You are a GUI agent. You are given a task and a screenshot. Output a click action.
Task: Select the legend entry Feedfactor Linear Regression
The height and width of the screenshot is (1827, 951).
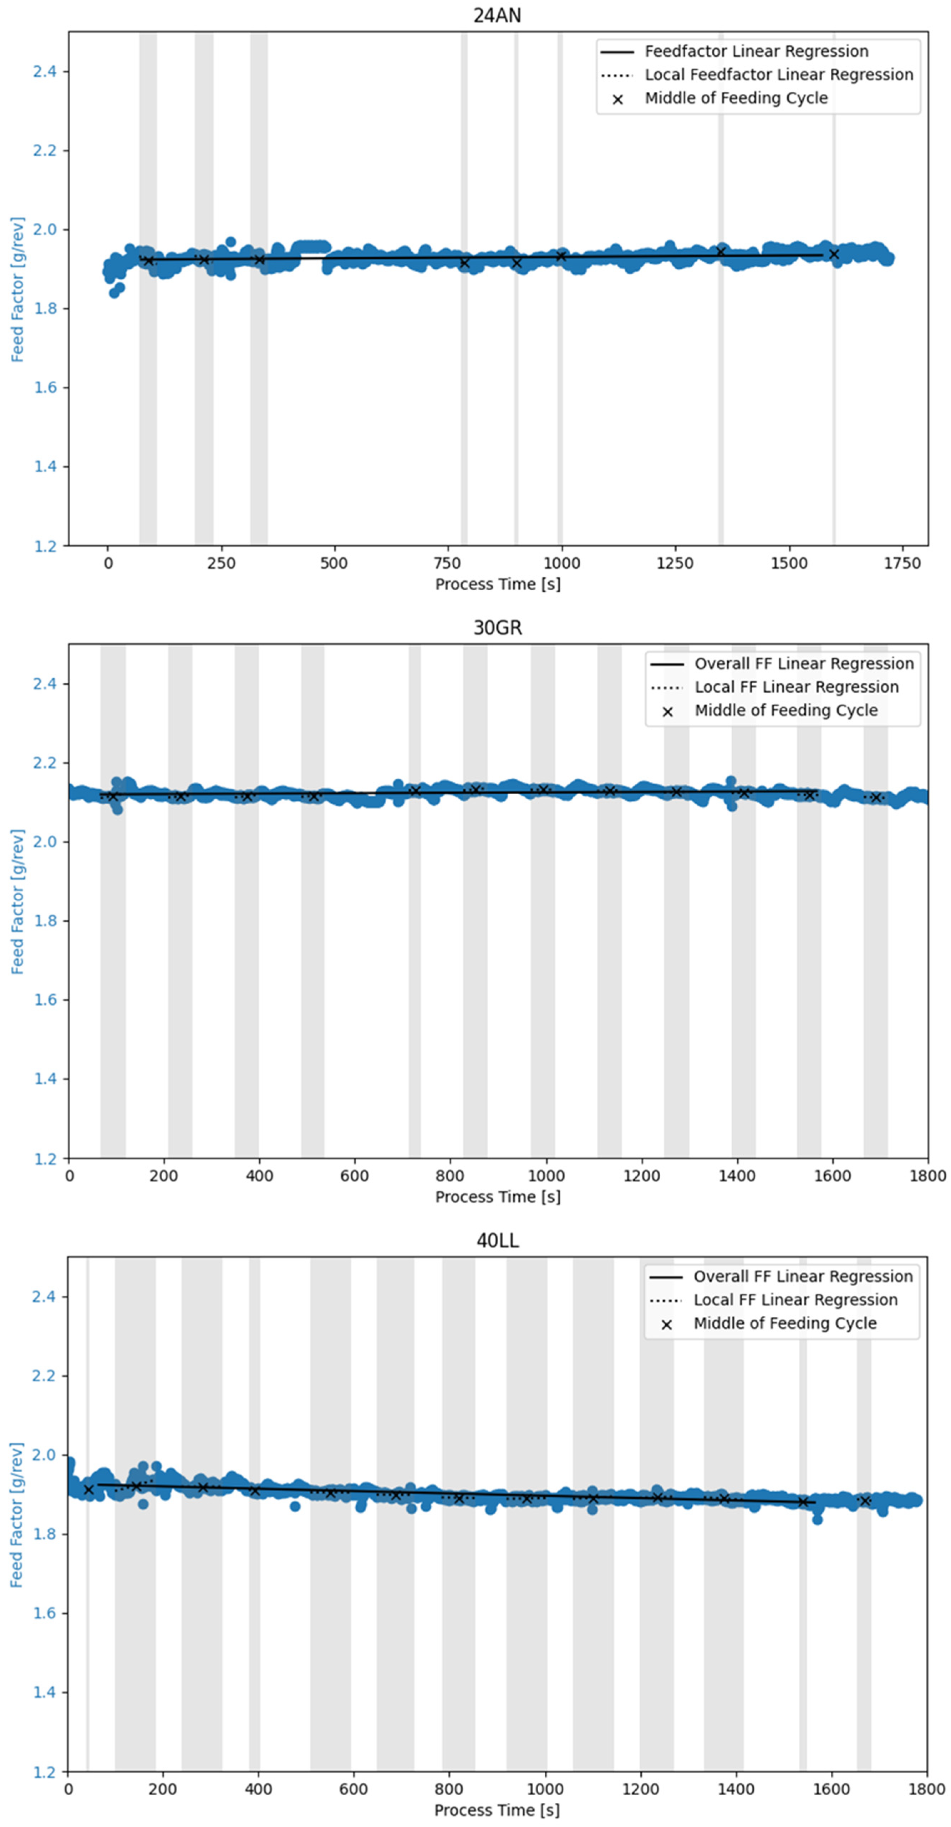coord(756,51)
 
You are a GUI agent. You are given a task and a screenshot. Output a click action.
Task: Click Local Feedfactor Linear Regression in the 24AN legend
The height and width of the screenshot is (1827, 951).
coord(779,75)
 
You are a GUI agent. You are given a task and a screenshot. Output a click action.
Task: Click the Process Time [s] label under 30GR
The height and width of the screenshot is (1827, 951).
coord(497,1196)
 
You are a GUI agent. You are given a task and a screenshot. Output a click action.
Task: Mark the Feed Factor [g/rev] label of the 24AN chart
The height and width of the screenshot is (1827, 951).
coord(17,289)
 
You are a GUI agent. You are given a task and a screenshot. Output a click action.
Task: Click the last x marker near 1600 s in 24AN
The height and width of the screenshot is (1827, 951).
coord(834,254)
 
